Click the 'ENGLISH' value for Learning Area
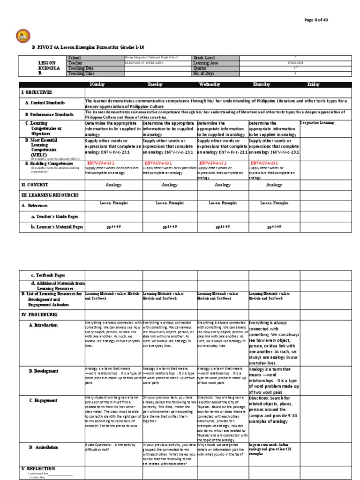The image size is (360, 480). [x=296, y=62]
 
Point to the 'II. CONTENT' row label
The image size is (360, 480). [x=35, y=185]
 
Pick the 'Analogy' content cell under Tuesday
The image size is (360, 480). [x=169, y=185]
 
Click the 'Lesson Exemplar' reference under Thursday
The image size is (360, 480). [x=274, y=203]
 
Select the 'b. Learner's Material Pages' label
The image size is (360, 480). [x=57, y=227]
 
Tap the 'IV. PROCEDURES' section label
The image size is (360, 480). [x=39, y=314]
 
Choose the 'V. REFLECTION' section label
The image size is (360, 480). [x=38, y=468]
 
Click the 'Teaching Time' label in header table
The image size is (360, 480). [x=82, y=73]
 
